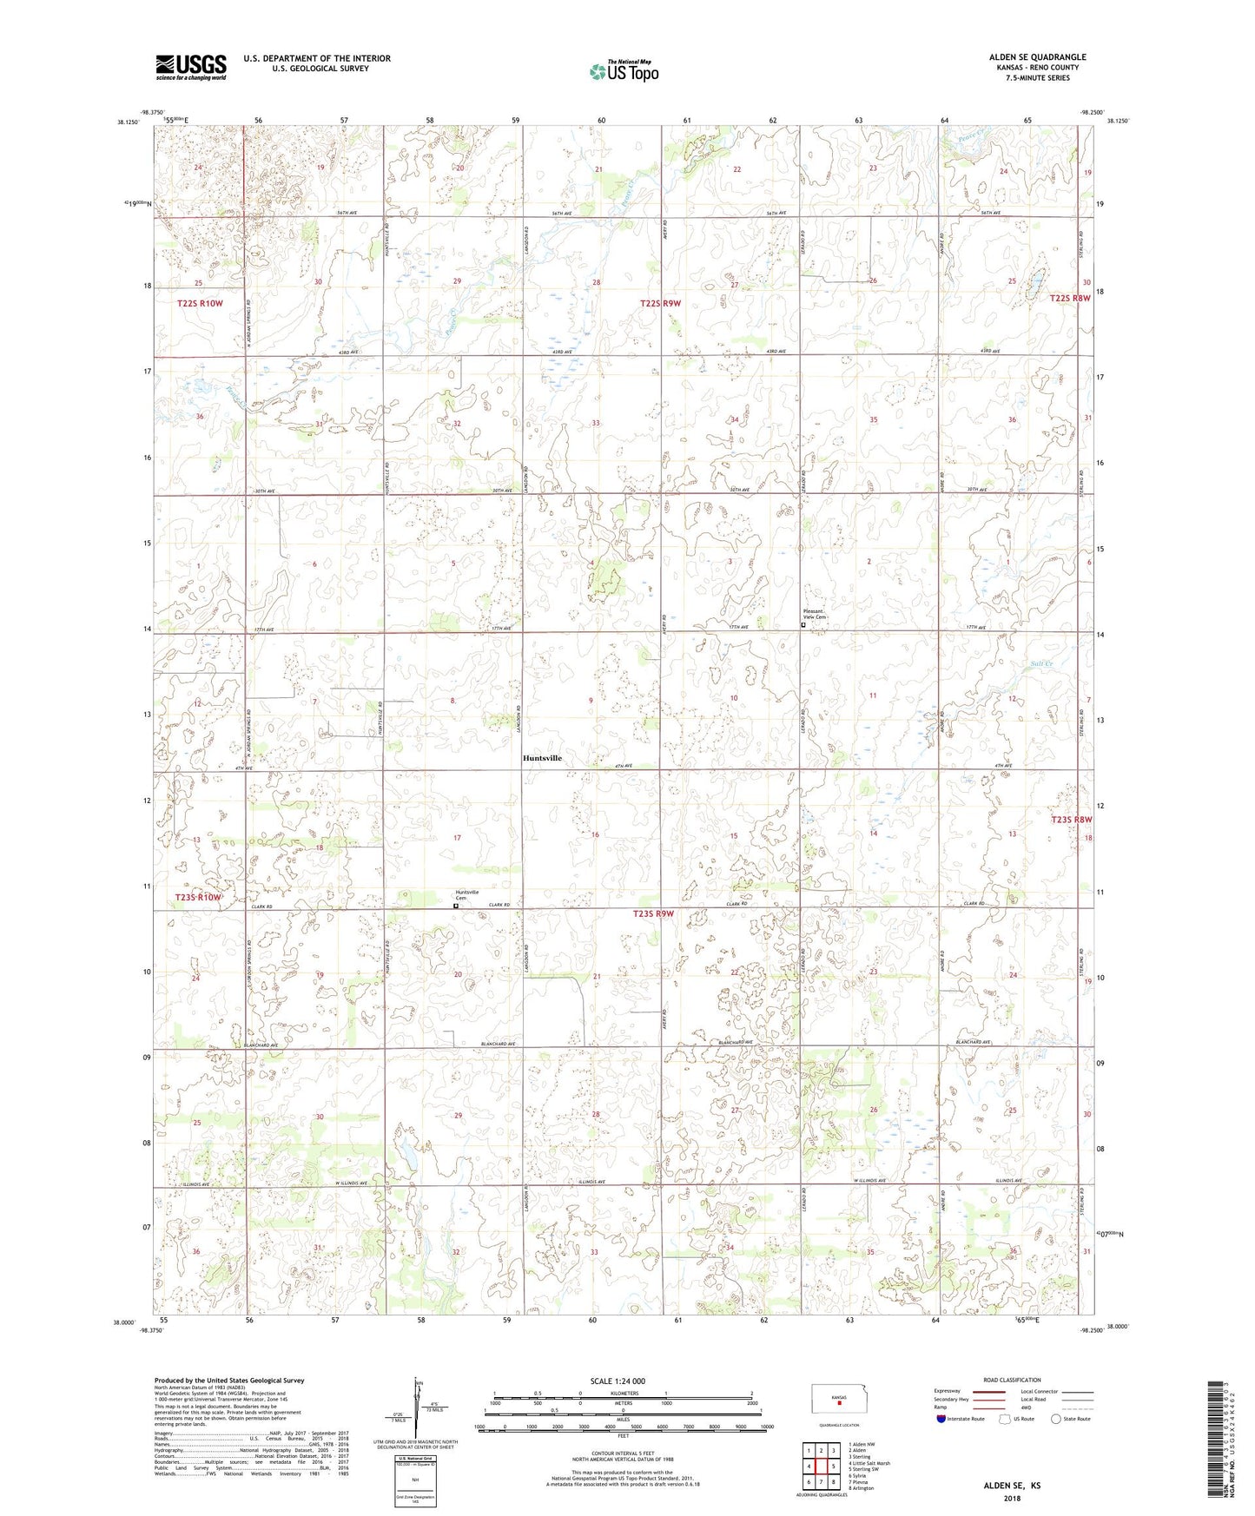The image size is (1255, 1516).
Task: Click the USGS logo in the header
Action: tap(191, 66)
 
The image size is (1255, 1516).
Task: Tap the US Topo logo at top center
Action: tap(623, 71)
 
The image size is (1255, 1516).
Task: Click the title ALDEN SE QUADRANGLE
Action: tap(1037, 57)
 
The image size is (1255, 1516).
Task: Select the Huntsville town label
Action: tap(542, 758)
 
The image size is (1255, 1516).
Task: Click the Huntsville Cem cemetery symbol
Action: tap(456, 905)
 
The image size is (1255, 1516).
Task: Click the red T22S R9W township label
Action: tap(661, 303)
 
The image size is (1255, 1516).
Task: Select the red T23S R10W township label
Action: tap(198, 897)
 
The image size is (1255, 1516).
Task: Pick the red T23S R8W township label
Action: tap(1071, 819)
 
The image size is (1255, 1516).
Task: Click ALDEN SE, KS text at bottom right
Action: tap(1012, 1486)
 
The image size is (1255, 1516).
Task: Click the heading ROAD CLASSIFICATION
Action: tap(1012, 1380)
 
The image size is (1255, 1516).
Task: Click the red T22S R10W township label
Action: tap(200, 303)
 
